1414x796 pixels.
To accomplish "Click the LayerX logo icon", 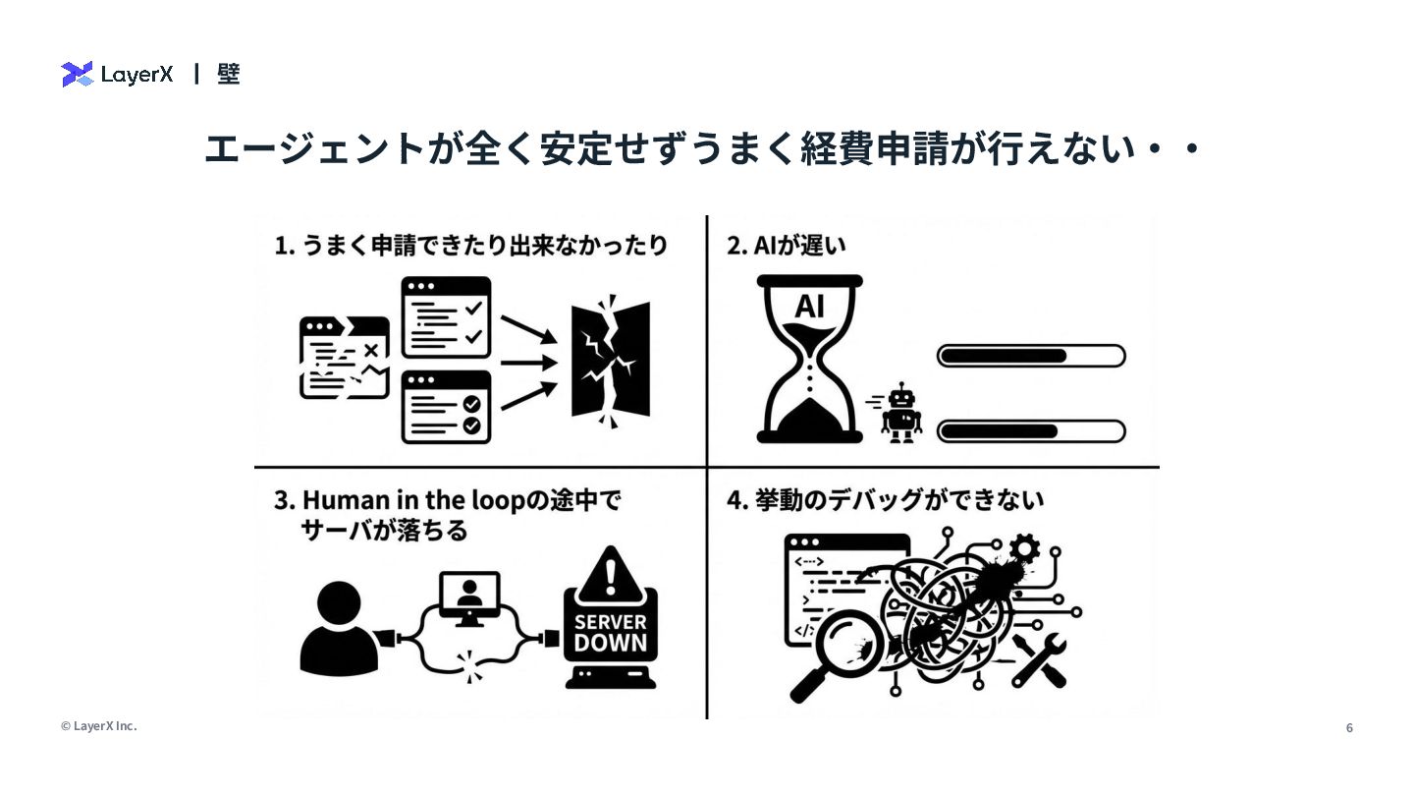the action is coord(77,74).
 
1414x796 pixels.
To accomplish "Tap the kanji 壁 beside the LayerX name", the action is coord(229,74).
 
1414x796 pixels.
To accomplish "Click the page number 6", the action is coord(1349,728).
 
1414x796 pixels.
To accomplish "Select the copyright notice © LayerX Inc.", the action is coord(98,726).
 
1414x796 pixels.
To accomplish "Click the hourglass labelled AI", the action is coord(810,359).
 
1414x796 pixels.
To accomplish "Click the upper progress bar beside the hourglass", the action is coord(1031,355).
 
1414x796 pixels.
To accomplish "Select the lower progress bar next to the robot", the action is coord(1031,430).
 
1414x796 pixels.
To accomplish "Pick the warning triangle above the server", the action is coord(611,572).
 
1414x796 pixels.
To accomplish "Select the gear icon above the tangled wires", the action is coord(1025,546).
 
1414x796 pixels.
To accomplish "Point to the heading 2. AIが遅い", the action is coord(786,246).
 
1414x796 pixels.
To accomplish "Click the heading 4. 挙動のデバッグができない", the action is coord(885,500).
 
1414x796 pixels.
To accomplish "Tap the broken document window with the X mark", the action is coord(344,358).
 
